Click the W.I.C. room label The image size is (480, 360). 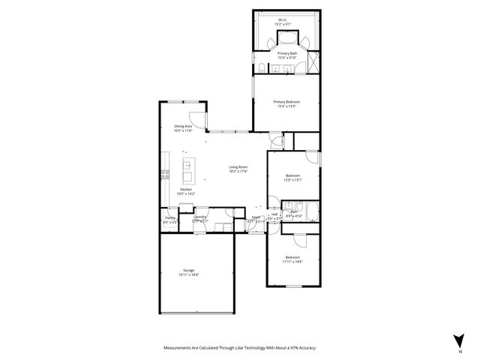click(x=283, y=19)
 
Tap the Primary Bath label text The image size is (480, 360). click(x=286, y=53)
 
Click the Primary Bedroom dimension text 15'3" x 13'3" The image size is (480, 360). click(x=286, y=106)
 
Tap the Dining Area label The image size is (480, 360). click(x=184, y=126)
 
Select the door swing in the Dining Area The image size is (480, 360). click(x=196, y=118)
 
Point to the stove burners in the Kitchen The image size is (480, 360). click(x=165, y=175)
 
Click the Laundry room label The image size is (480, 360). click(x=200, y=217)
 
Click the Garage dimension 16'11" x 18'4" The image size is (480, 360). click(x=189, y=275)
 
